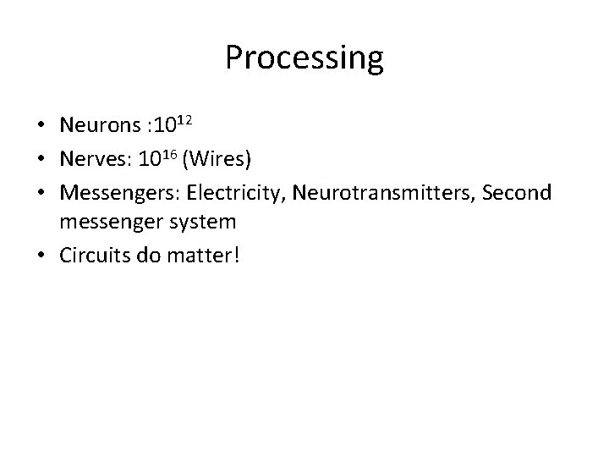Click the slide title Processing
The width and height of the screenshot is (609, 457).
(304, 58)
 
